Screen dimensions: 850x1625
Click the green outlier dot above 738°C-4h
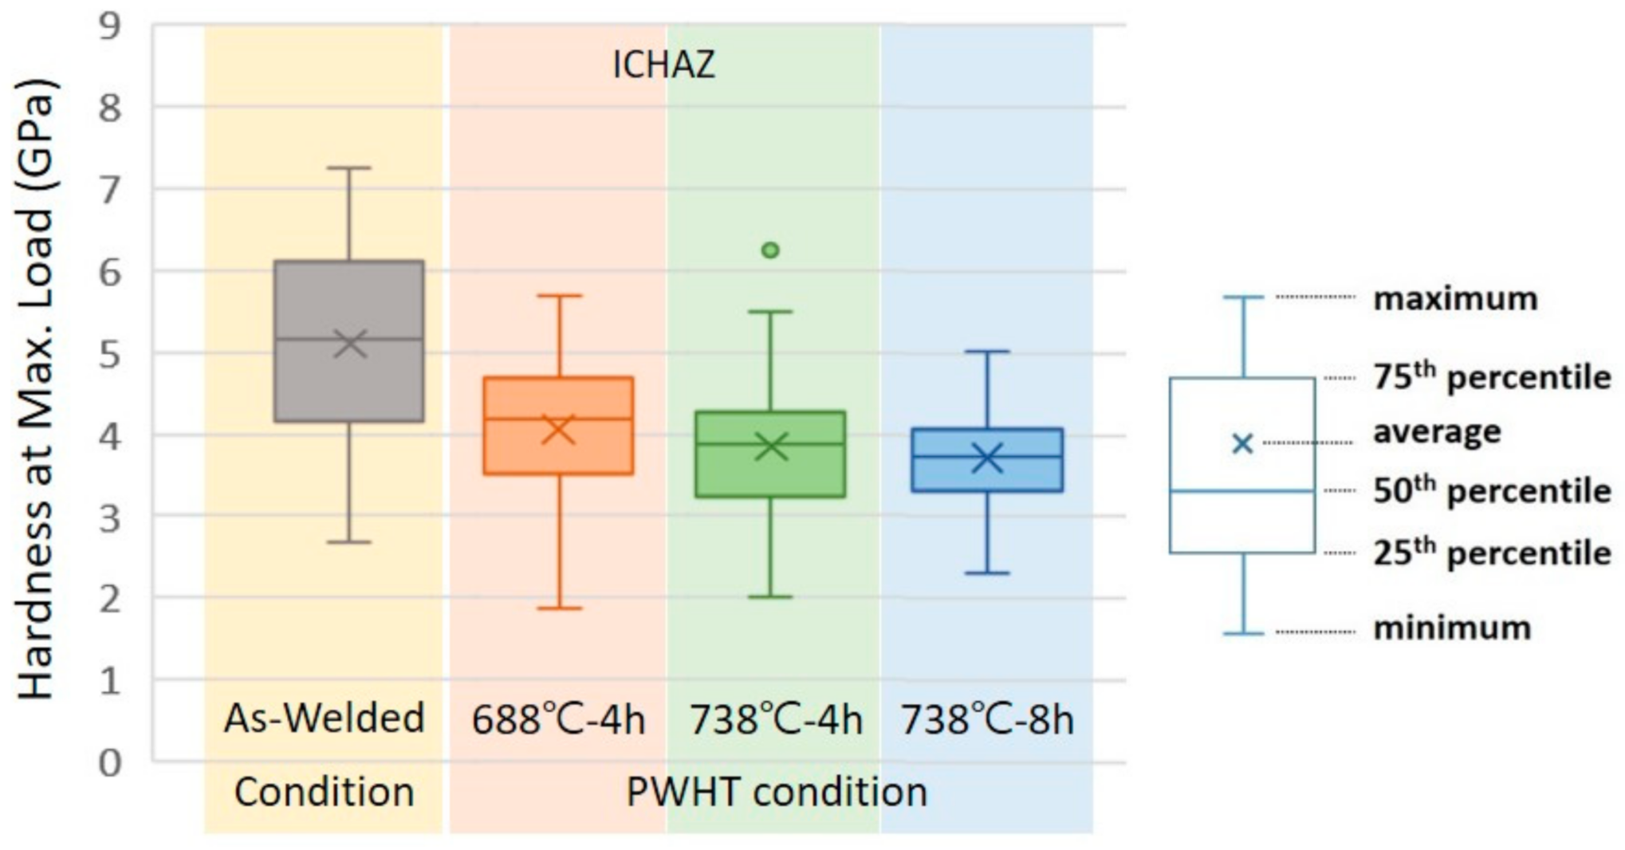tap(770, 250)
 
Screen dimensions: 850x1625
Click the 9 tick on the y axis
tap(109, 26)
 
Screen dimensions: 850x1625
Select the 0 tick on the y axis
tap(109, 762)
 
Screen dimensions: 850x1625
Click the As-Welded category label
tap(324, 718)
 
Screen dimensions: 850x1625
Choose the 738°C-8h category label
tap(987, 720)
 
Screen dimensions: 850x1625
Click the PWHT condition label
tap(777, 793)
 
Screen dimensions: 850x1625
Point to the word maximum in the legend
tap(1455, 298)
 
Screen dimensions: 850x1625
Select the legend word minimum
tap(1452, 628)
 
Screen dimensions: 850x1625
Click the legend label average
tap(1437, 431)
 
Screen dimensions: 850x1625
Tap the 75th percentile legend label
tap(1492, 377)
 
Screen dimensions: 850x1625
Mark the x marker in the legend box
tap(1242, 444)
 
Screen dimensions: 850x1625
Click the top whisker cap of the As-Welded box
tap(349, 168)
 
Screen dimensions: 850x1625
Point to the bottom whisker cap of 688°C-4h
tap(558, 608)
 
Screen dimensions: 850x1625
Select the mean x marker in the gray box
tap(349, 344)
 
